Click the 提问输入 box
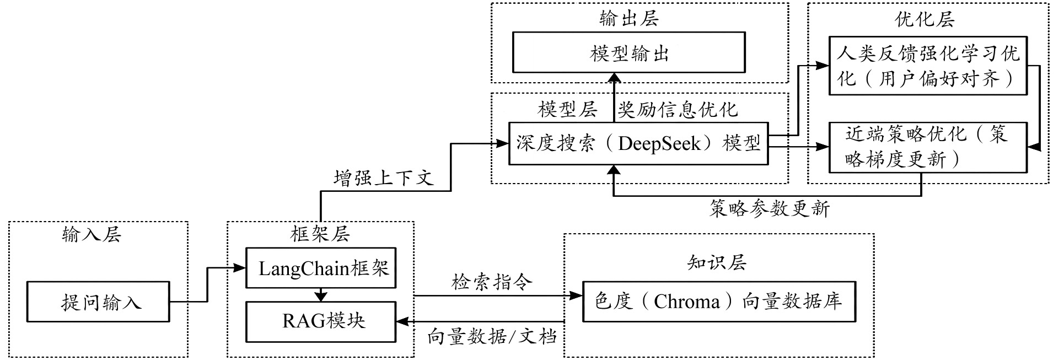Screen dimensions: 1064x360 pos(99,302)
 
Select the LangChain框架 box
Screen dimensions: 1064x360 pos(321,268)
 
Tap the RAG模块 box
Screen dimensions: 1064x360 pos(321,321)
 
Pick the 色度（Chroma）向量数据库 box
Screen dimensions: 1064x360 pos(719,302)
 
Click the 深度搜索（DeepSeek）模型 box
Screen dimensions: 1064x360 pos(638,143)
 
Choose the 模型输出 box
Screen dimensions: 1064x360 pos(629,53)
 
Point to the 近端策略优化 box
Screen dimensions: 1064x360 pos(928,147)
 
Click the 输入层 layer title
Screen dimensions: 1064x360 pos(92,235)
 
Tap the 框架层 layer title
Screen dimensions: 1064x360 pos(320,234)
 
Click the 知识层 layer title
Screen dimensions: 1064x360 pos(717,262)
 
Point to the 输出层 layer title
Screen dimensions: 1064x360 pos(629,19)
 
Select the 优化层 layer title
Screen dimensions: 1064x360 pos(925,19)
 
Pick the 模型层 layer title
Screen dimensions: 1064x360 pos(568,110)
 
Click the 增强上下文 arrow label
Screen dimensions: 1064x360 pos(384,178)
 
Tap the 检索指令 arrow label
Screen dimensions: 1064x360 pos(492,282)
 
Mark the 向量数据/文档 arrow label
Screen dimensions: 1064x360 pos(492,336)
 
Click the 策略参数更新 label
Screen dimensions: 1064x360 pos(769,208)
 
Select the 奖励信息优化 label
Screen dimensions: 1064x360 pos(678,110)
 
